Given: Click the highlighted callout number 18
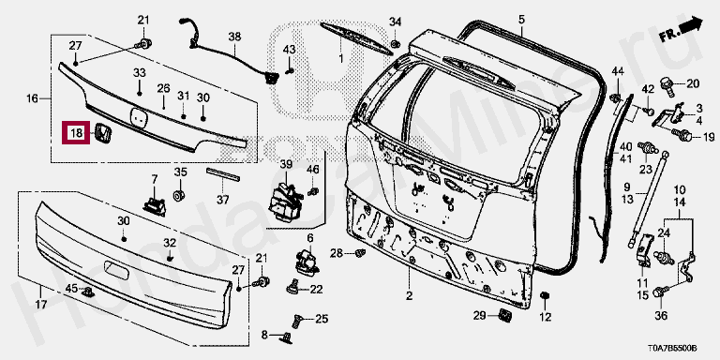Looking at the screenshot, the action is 76,134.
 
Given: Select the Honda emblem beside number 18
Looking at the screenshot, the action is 103,134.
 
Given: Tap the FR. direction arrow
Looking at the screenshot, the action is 682,30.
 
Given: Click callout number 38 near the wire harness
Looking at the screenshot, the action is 234,37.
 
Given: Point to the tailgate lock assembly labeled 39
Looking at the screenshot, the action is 286,202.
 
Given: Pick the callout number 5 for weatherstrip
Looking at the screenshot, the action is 521,20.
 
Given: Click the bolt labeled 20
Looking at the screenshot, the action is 667,85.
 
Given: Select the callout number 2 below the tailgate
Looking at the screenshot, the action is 409,295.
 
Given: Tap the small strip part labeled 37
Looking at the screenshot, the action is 223,174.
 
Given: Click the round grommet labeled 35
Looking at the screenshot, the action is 179,195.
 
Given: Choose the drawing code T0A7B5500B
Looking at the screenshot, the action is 672,348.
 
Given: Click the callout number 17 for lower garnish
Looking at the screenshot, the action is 41,304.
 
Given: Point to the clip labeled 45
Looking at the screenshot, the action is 87,292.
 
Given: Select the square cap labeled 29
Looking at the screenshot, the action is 505,315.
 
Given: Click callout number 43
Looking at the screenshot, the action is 289,49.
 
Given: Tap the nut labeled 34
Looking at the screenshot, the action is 395,44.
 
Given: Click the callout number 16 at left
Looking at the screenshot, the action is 32,98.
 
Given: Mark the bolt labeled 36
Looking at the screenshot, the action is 659,292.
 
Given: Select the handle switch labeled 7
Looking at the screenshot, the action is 154,202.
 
